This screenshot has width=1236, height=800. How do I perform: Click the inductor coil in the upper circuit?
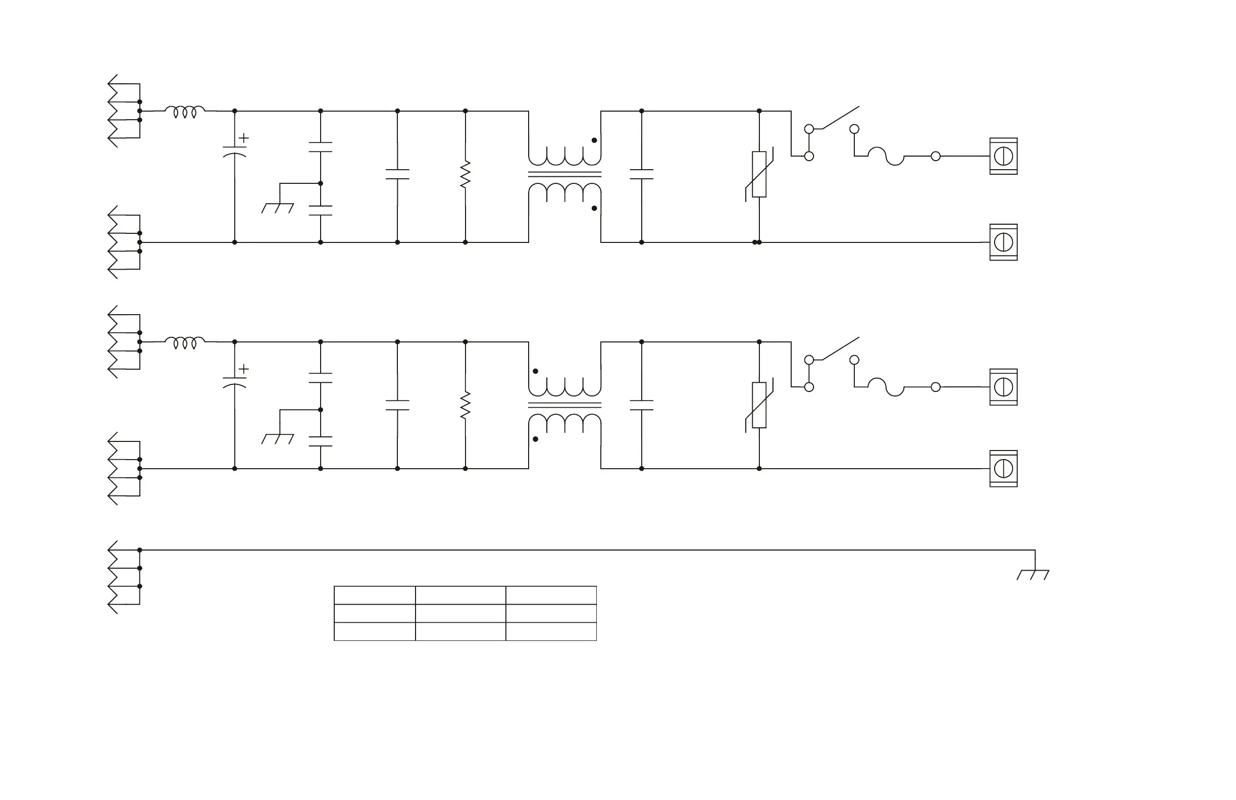pyautogui.click(x=185, y=111)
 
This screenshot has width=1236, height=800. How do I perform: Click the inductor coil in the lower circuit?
pyautogui.click(x=185, y=342)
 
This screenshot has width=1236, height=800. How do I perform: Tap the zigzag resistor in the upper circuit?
pyautogui.click(x=466, y=174)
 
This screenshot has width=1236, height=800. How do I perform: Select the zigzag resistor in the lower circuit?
pyautogui.click(x=466, y=405)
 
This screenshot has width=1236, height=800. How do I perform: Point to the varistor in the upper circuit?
pyautogui.click(x=759, y=174)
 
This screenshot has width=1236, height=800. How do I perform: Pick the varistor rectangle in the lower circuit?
pyautogui.click(x=759, y=405)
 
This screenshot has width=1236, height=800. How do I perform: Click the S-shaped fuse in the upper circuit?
pyautogui.click(x=886, y=156)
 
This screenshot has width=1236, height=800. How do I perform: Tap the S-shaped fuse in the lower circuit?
pyautogui.click(x=886, y=387)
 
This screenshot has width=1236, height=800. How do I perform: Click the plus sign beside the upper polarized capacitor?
pyautogui.click(x=243, y=138)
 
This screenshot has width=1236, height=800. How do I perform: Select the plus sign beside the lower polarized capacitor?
pyautogui.click(x=243, y=369)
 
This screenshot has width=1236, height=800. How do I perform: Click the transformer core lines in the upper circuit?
pyautogui.click(x=564, y=174)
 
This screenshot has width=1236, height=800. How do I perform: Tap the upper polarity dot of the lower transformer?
pyautogui.click(x=535, y=371)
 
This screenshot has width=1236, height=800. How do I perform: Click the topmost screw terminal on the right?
pyautogui.click(x=1003, y=156)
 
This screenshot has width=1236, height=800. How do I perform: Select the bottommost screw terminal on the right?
pyautogui.click(x=1003, y=469)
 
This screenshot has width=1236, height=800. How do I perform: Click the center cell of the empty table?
pyautogui.click(x=460, y=614)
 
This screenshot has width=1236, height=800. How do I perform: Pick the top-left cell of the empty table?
pyautogui.click(x=375, y=595)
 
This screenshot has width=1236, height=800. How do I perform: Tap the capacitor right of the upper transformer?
pyautogui.click(x=641, y=174)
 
